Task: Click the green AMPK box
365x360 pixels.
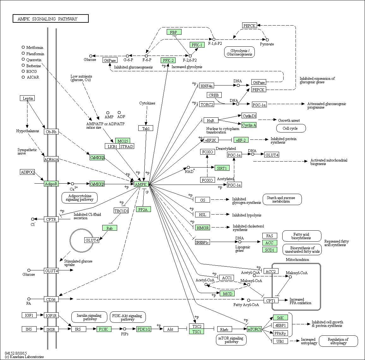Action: coord(141,184)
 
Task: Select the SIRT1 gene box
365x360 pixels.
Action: coord(222,168)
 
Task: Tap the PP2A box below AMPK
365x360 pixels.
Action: coord(143,209)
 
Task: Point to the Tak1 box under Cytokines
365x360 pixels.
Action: coord(146,128)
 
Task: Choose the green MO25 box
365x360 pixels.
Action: coord(123,141)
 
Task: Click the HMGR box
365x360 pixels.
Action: coord(202,228)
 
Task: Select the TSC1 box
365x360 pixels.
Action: coord(197,332)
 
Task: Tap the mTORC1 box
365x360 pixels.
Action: coord(254,329)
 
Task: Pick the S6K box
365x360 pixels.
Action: coord(280,317)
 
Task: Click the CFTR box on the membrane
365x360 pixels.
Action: coord(51,219)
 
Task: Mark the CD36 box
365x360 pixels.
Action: coord(51,299)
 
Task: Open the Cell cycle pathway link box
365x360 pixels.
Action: coord(291,128)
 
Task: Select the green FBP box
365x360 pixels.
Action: coord(174,32)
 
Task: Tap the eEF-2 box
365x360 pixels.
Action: coord(241,140)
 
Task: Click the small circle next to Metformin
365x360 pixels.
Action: coord(23,47)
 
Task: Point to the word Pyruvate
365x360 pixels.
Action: coord(267,44)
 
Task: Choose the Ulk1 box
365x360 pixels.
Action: coord(280,341)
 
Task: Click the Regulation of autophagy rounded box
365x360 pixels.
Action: coord(338,341)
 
